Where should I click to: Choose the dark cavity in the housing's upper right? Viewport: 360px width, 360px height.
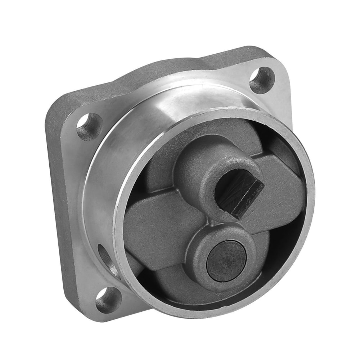[284, 148]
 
